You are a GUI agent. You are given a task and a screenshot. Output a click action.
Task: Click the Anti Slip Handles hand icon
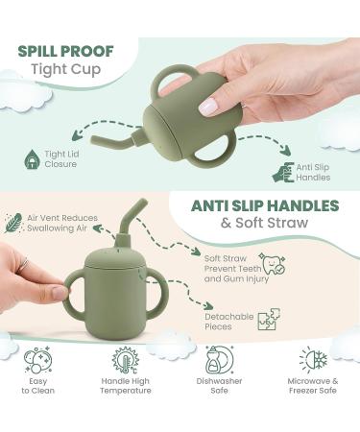click(x=284, y=173)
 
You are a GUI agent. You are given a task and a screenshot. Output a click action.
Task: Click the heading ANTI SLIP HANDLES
click(x=265, y=206)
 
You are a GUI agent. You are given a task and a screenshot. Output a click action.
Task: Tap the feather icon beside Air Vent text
click(x=14, y=223)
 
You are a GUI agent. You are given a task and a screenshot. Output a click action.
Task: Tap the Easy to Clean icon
click(x=37, y=362)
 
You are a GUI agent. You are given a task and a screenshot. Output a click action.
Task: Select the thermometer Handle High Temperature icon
click(x=125, y=361)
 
